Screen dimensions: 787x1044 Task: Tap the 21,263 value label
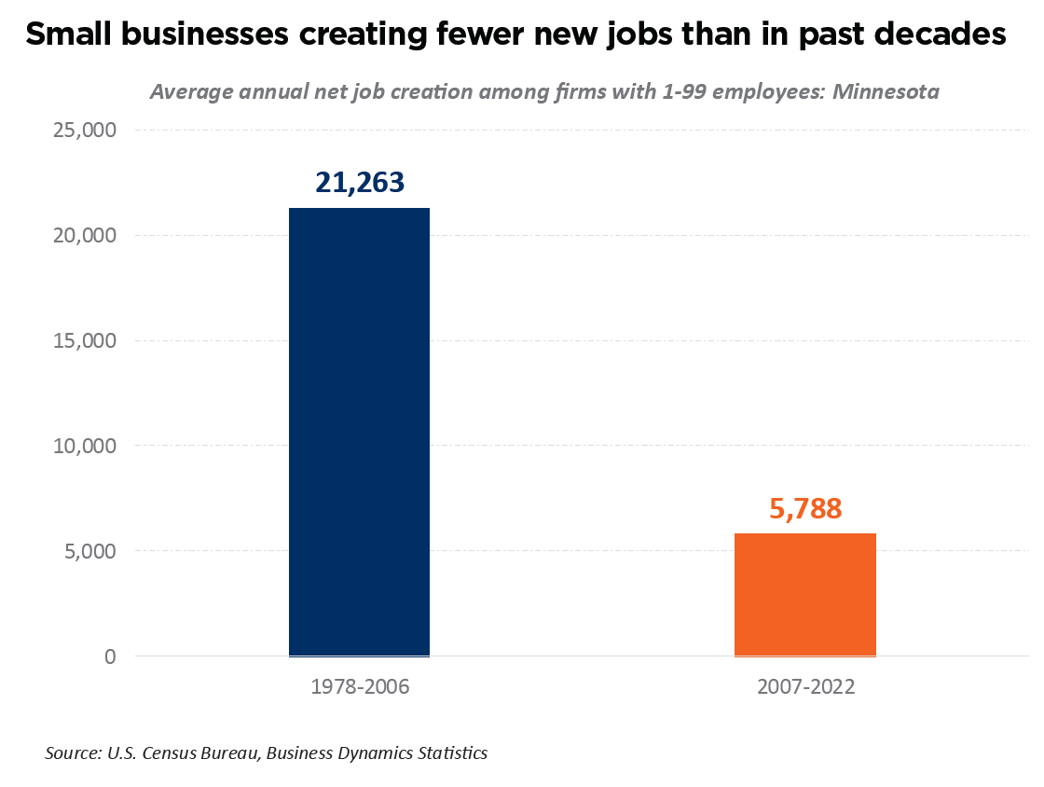coord(360,182)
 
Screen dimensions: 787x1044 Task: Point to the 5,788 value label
coord(805,508)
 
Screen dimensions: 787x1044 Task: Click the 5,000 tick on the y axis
coord(85,551)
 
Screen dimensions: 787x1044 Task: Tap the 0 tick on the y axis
coord(109,656)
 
